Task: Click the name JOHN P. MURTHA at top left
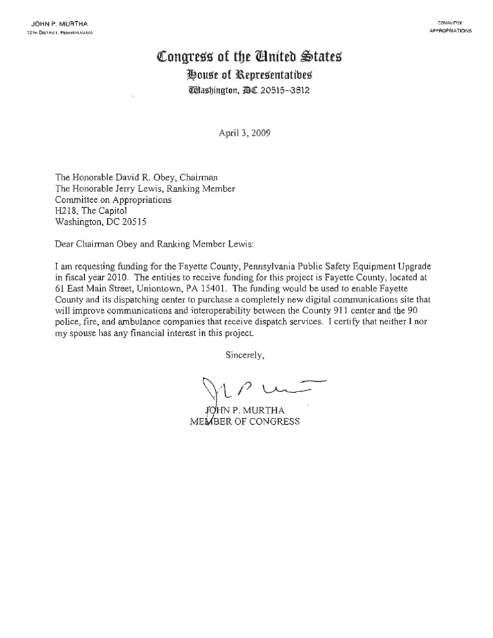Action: click(58, 24)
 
